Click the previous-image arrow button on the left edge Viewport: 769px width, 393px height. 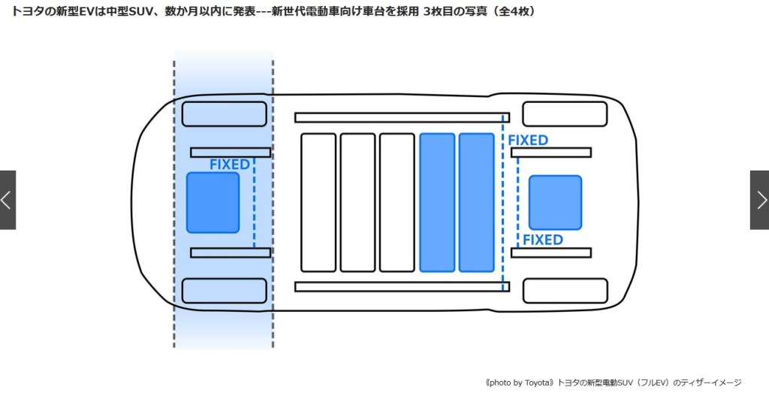coord(8,200)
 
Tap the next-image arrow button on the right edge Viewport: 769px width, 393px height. coord(760,200)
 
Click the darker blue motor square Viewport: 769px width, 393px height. coord(213,202)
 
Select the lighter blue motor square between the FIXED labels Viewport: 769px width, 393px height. coord(555,202)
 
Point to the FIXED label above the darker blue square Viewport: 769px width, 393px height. coord(229,165)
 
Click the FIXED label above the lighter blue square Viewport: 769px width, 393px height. coord(528,141)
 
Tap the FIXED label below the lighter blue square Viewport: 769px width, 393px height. coord(542,240)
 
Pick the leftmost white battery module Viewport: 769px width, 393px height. coord(318,202)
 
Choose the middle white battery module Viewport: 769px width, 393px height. coord(357,202)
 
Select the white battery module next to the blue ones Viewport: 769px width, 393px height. coord(397,202)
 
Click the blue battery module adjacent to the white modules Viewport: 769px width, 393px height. coord(437,202)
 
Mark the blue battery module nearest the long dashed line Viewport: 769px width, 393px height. coord(476,202)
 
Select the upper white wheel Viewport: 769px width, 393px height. coord(564,114)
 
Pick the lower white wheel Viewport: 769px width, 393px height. coord(564,291)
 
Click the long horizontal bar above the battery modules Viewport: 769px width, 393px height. coord(402,117)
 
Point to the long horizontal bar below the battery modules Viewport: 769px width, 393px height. coord(402,286)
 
